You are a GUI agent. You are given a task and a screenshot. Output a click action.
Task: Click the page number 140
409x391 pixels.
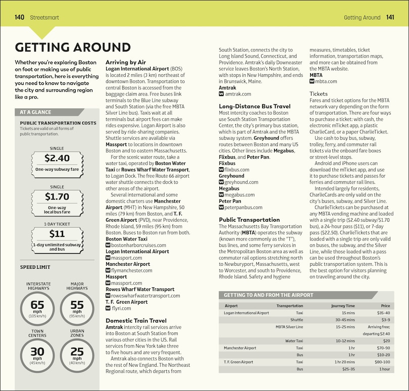pos(20,17)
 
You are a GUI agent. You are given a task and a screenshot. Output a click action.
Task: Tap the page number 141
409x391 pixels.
pos(390,17)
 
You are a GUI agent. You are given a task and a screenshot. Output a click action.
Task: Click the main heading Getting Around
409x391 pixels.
pos(73,47)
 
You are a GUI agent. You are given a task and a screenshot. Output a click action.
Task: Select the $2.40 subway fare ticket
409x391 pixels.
pos(57,162)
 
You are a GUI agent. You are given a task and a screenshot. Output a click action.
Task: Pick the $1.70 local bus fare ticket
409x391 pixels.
pos(57,201)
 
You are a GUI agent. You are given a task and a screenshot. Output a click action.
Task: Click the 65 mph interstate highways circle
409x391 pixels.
pos(37,308)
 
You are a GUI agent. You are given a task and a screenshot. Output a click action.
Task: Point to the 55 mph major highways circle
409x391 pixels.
pos(77,308)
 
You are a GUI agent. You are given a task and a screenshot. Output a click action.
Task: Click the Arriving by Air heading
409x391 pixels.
pos(126,62)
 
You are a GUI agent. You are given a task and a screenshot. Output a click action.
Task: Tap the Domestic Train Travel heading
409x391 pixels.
pos(136,320)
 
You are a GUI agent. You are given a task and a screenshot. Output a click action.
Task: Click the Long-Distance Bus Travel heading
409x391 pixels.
pos(254,107)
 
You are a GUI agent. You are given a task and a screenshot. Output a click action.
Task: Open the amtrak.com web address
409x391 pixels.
pos(238,94)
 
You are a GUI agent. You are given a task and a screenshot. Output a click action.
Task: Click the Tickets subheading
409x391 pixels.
pos(319,94)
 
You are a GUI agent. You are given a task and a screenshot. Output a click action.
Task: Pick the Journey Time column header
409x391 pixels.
pos(343,306)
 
